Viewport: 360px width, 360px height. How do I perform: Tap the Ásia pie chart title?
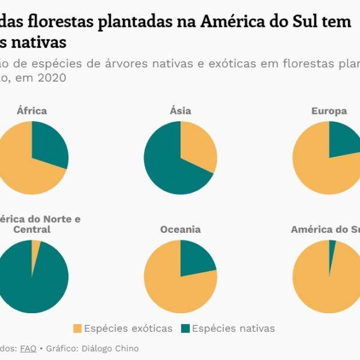181,111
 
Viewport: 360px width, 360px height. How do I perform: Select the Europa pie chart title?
329,111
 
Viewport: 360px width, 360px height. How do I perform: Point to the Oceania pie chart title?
181,230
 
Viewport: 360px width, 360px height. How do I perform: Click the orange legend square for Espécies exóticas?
77,328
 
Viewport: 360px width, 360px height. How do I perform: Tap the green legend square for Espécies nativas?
185,328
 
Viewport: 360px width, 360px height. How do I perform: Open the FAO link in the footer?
28,349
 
